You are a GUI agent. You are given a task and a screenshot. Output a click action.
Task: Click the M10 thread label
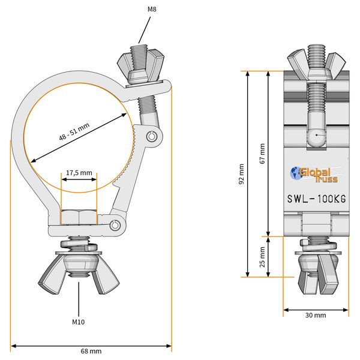[79, 322]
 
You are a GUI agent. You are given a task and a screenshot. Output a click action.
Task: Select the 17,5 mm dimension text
[79, 172]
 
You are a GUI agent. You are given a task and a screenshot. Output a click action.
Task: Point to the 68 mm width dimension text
[91, 350]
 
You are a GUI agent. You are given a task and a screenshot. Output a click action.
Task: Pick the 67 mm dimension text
[261, 154]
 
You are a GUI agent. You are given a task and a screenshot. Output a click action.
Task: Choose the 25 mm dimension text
[261, 256]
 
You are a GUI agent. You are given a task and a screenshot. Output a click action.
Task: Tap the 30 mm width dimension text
[316, 315]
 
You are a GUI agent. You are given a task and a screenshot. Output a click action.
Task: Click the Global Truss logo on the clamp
[314, 174]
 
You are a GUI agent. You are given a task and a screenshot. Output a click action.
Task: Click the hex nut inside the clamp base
[79, 217]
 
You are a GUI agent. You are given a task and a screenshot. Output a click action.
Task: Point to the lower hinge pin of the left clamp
[116, 224]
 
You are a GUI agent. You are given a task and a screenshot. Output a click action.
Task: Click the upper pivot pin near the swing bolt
[154, 136]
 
